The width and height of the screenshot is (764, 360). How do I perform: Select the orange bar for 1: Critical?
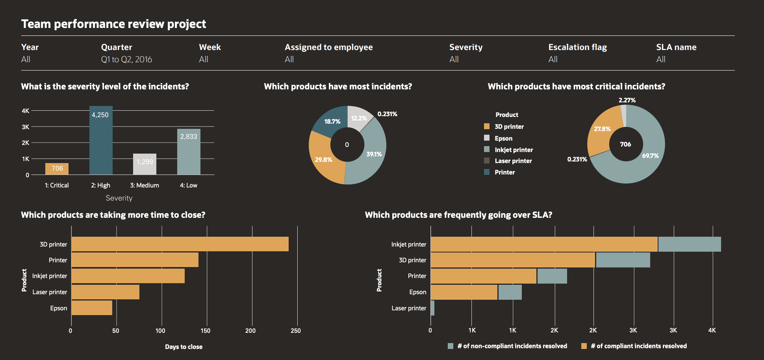tap(57, 169)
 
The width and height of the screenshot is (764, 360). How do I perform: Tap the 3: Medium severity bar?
tap(145, 164)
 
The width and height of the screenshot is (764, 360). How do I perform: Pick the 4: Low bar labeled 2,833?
tap(189, 152)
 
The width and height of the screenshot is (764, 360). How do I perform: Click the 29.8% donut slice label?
tap(323, 160)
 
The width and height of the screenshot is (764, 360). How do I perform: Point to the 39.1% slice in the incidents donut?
tap(374, 154)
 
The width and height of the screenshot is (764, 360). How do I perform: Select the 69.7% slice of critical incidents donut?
tap(650, 156)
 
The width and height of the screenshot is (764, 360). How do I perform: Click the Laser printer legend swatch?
tap(487, 161)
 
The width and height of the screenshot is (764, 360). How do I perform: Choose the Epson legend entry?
tap(503, 138)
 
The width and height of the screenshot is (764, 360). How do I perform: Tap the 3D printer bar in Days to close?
tap(180, 244)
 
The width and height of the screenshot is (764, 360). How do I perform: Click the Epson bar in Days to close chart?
tap(92, 308)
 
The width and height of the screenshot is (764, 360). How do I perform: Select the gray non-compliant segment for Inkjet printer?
tap(689, 244)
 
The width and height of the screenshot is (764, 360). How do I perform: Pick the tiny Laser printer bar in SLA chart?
tap(432, 308)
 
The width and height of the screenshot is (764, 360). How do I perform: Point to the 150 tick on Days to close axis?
tap(206, 330)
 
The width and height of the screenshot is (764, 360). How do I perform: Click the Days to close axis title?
tap(184, 347)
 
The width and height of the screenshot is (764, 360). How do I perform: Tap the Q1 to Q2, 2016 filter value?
tap(126, 59)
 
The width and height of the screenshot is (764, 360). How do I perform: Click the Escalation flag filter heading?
tap(577, 47)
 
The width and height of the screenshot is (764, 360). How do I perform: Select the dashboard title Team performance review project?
tap(113, 24)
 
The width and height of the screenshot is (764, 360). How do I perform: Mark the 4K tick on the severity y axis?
tap(26, 111)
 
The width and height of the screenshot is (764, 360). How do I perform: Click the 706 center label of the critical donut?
tap(625, 144)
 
